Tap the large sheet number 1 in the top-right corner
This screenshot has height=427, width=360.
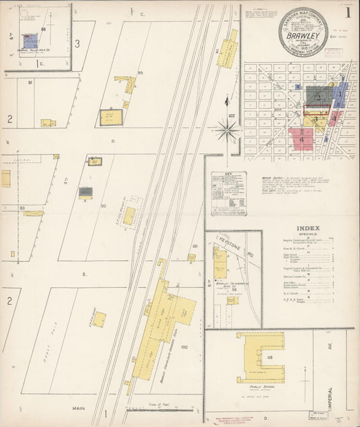tap(347, 11)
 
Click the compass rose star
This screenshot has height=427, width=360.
tap(227, 128)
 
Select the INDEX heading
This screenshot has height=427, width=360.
tap(307, 227)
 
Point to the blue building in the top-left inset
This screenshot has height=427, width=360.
tap(30, 41)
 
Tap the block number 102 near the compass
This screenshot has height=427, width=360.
tap(232, 116)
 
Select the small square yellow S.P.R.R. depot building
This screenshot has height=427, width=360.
tap(99, 319)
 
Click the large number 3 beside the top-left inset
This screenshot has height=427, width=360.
tap(78, 44)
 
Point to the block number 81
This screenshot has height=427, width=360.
tap(30, 82)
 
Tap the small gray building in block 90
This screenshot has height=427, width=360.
tap(86, 192)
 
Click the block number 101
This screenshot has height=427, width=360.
tap(194, 247)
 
